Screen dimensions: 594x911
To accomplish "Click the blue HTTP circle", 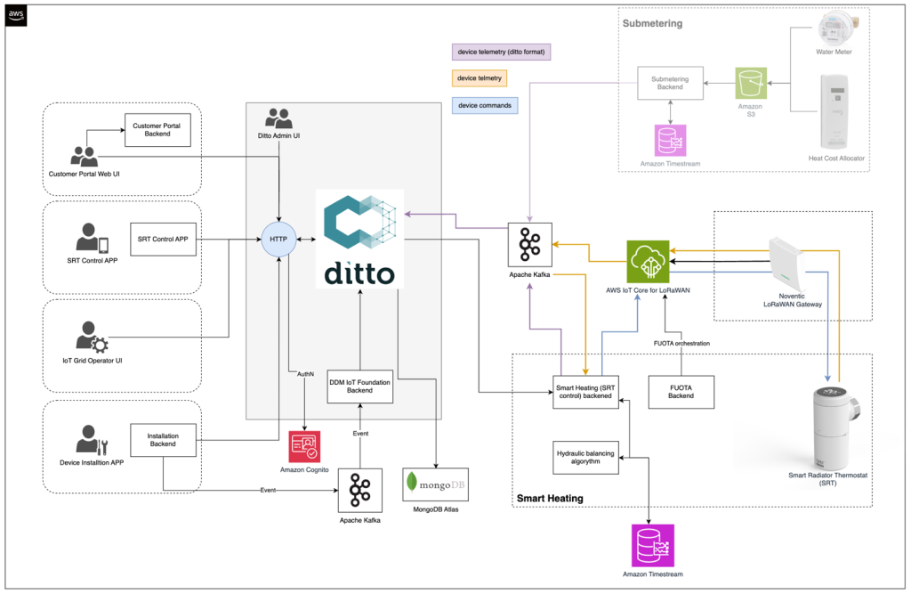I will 278,240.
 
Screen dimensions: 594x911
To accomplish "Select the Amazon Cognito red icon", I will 304,446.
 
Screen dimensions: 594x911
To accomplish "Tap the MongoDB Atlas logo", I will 435,484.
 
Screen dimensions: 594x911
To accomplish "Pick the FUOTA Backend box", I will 681,391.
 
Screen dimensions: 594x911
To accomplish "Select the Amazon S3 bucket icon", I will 750,84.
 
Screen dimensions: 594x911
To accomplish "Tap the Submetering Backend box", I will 669,84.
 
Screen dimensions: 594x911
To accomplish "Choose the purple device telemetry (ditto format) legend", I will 502,52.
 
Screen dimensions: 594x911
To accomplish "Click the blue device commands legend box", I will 485,105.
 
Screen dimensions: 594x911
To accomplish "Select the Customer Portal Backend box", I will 157,131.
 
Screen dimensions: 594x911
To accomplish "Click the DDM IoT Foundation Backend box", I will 359,385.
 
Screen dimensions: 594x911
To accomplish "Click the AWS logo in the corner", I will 17,16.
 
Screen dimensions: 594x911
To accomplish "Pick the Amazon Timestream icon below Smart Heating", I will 653,545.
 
